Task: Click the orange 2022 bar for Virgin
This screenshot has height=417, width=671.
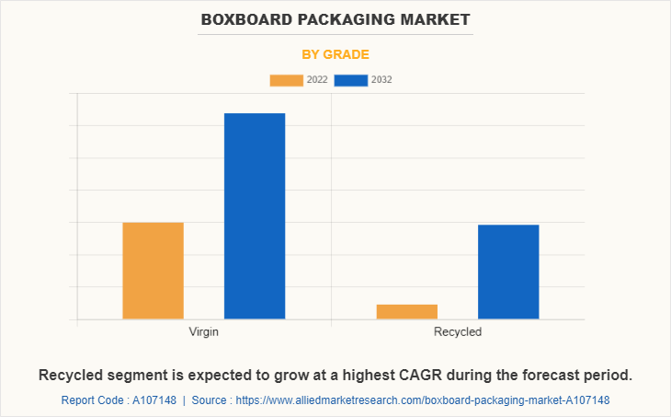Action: (x=153, y=271)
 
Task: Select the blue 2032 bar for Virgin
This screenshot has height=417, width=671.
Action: (x=255, y=216)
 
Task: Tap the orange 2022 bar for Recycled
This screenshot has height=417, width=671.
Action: (x=407, y=312)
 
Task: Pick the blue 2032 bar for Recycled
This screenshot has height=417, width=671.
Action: (x=508, y=272)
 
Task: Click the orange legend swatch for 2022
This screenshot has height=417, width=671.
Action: (x=286, y=80)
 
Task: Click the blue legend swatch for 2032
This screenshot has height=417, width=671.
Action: (x=350, y=80)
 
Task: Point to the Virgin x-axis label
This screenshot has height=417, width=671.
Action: (x=203, y=331)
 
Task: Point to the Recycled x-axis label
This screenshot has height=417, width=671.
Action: (x=458, y=331)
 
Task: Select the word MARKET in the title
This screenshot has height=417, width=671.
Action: (x=436, y=19)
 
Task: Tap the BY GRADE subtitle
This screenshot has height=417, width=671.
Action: (x=335, y=54)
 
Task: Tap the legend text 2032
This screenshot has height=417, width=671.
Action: (x=381, y=80)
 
